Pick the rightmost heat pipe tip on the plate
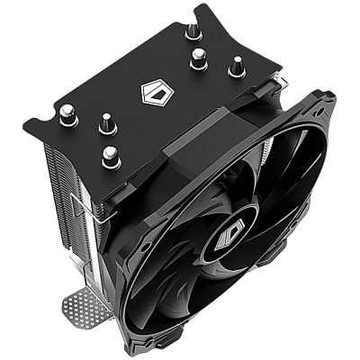pyautogui.click(x=237, y=66)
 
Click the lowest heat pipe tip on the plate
pyautogui.click(x=109, y=154)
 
